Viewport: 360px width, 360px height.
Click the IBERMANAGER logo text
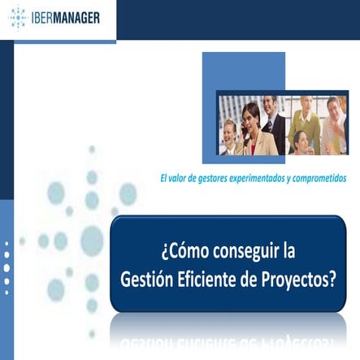coord(66,17)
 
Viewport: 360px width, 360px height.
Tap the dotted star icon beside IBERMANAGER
coord(18,17)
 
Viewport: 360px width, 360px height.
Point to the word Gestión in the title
coord(148,280)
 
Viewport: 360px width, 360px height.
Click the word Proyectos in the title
coord(301,280)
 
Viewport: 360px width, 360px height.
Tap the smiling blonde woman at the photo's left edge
coord(229,137)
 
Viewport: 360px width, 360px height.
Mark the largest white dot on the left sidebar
coord(7,267)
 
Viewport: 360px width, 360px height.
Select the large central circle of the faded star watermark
coord(92,240)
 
